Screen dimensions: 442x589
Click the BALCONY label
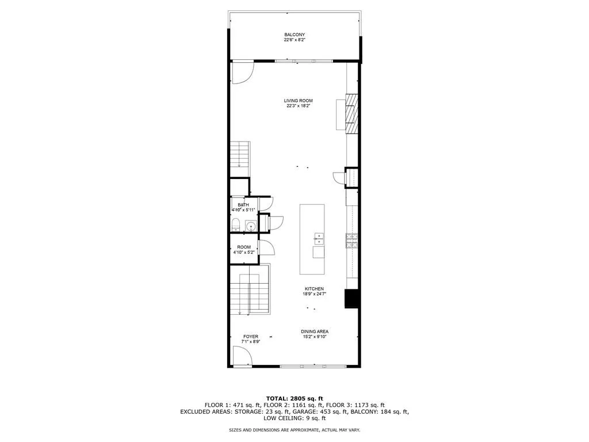tap(294, 35)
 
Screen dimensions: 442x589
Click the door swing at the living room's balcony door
tap(242, 72)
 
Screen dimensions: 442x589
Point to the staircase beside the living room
tap(239, 155)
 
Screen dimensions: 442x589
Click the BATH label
tap(243, 205)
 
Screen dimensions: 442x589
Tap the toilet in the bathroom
tap(236, 225)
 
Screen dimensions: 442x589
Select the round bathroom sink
tap(251, 226)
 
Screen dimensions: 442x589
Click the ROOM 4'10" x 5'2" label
tap(243, 250)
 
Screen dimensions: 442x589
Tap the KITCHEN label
tap(314, 289)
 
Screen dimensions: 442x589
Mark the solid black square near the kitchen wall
tap(351, 298)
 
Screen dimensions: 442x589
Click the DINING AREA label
tap(315, 331)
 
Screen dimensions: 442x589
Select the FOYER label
tap(250, 337)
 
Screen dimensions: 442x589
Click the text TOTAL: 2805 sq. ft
tap(294, 398)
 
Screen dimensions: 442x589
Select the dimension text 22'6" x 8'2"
tap(294, 40)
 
